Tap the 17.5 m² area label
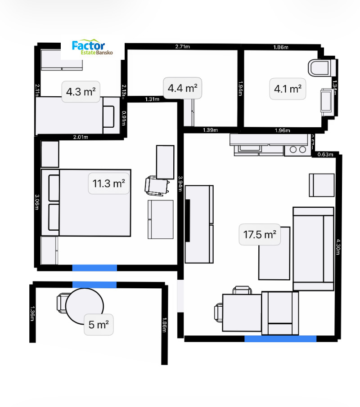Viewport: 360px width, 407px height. pos(259,235)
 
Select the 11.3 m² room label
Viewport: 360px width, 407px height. pos(109,183)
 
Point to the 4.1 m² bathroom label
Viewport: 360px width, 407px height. pos(288,89)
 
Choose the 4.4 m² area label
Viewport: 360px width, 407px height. pos(182,88)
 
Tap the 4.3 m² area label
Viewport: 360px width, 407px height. pos(81,92)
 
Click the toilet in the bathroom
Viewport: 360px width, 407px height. pos(321,68)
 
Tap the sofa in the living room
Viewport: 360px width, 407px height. pos(313,249)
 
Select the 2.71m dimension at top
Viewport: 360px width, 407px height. pos(182,46)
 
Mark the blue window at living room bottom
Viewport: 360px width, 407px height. pos(280,339)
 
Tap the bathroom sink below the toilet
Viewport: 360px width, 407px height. pos(327,102)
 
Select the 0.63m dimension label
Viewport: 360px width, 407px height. pos(325,155)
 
